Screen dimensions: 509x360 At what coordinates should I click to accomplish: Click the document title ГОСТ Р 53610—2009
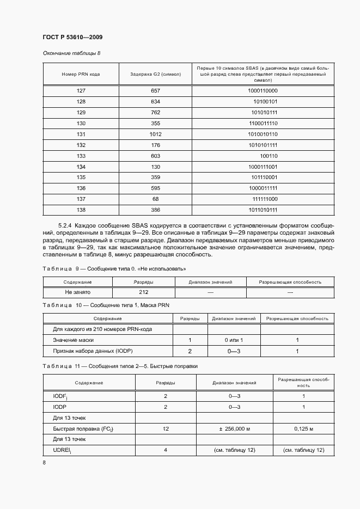click(x=72, y=37)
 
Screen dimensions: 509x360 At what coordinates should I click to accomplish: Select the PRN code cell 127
click(x=81, y=91)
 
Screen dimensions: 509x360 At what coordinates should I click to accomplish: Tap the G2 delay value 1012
click(x=155, y=134)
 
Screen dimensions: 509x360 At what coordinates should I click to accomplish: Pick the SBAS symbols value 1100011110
click(x=263, y=124)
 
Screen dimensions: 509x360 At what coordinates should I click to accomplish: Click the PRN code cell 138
click(x=81, y=210)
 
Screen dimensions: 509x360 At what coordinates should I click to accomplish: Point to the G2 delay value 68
click(x=155, y=199)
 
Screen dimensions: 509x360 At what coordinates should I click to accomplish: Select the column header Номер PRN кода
click(x=81, y=73)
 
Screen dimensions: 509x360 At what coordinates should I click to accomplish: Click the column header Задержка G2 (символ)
click(x=155, y=73)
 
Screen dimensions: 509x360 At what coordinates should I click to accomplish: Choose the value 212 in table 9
click(x=143, y=292)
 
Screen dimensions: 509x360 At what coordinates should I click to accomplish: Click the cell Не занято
click(x=77, y=292)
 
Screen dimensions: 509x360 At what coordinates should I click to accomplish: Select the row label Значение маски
click(x=72, y=340)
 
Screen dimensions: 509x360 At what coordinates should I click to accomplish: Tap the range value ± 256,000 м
click(x=234, y=429)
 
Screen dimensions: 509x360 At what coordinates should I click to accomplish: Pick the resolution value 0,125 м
click(x=304, y=429)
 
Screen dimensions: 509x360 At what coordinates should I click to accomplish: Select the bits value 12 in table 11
click(x=166, y=429)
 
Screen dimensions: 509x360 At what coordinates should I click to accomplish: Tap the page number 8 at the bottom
click(x=45, y=463)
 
